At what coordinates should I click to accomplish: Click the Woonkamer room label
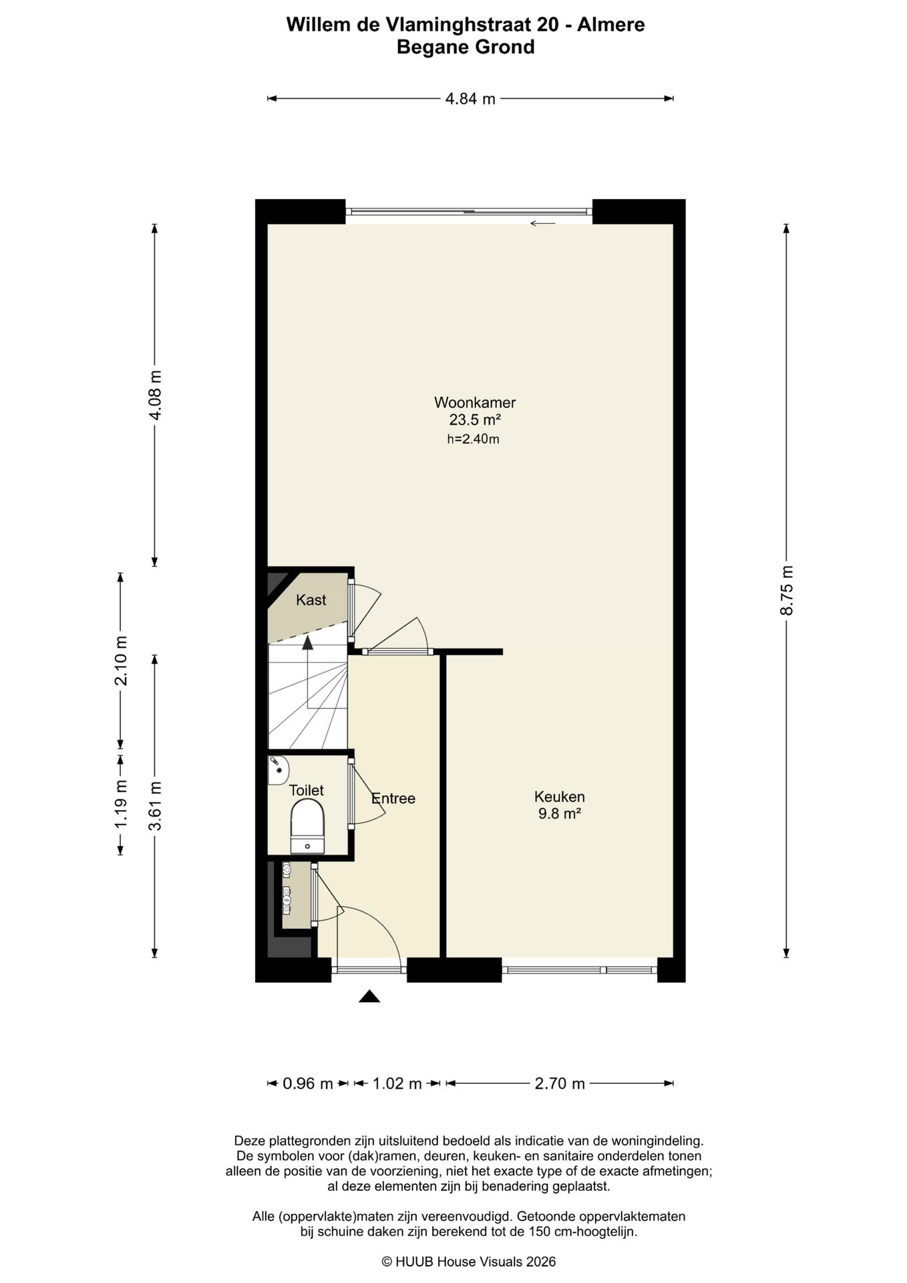click(475, 402)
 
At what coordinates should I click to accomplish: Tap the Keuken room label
click(560, 797)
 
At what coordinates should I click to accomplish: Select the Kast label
click(311, 599)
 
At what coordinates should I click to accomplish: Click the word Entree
click(393, 799)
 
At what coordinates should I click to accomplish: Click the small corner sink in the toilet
click(277, 770)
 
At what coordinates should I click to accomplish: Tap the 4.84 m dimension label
click(471, 99)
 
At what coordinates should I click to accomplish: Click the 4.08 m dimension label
click(155, 395)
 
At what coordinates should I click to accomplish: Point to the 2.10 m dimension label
click(121, 661)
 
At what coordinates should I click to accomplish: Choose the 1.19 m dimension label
click(121, 805)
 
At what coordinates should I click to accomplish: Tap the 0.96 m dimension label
click(308, 1083)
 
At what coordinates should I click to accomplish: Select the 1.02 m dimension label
click(397, 1083)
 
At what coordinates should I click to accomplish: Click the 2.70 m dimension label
click(560, 1083)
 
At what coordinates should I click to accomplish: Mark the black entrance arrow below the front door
click(369, 996)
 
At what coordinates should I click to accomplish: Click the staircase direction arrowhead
click(307, 643)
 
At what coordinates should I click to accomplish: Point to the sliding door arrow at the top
click(543, 223)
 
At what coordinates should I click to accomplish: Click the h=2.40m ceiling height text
click(474, 439)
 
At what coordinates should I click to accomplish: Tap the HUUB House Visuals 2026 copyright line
click(469, 1262)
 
